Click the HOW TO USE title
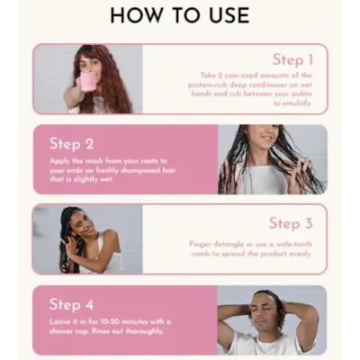180,15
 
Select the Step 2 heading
72,142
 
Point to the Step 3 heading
291,222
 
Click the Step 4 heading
72,304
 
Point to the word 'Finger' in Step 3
200,244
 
